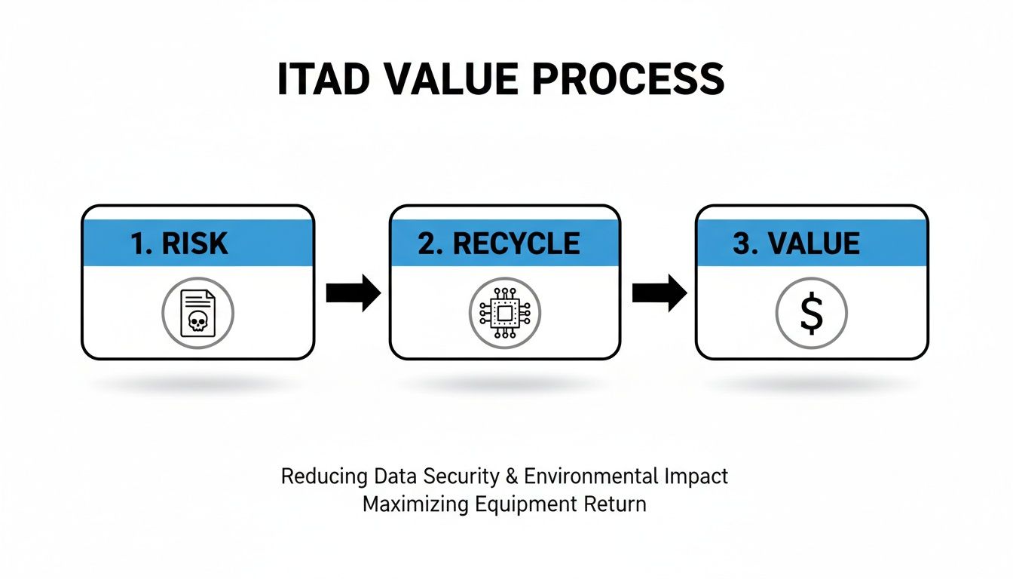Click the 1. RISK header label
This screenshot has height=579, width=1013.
179,244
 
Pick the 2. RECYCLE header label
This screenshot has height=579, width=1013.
499,244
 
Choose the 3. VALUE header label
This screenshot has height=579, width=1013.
796,244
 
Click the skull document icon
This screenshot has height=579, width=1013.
197,312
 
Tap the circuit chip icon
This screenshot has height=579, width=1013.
505,312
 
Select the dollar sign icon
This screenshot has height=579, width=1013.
812,312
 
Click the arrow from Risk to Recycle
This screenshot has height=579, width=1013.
353,293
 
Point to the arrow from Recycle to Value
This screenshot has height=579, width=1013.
659,293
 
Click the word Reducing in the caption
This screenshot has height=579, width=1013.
323,476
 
